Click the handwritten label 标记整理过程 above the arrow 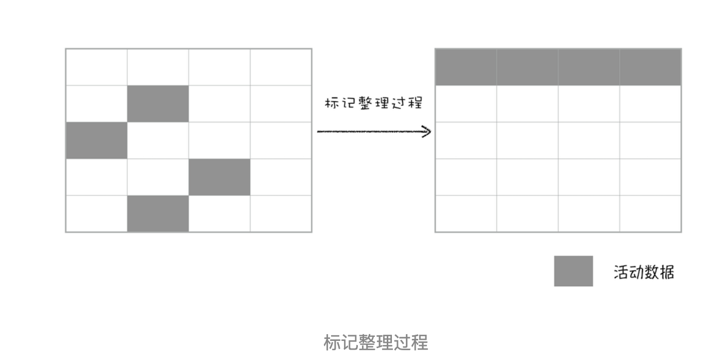click(x=374, y=103)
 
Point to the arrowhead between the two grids click(x=426, y=132)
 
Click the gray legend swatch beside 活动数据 click(x=573, y=271)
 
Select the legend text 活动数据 click(x=644, y=272)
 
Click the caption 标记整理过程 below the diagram click(x=375, y=342)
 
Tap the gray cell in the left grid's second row click(x=158, y=104)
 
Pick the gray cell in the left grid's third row click(x=96, y=140)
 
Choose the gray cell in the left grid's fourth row click(x=220, y=177)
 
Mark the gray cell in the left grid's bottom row click(x=158, y=214)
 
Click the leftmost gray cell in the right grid click(x=466, y=67)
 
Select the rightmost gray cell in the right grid click(x=650, y=67)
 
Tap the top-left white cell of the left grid click(x=96, y=67)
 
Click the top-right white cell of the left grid click(x=281, y=67)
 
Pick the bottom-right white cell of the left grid click(x=281, y=214)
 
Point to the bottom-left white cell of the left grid click(x=96, y=214)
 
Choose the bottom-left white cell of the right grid click(x=466, y=214)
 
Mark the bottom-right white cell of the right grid click(x=650, y=214)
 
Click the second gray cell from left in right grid click(x=528, y=67)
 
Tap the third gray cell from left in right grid click(x=589, y=67)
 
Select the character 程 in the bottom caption click(x=420, y=342)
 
